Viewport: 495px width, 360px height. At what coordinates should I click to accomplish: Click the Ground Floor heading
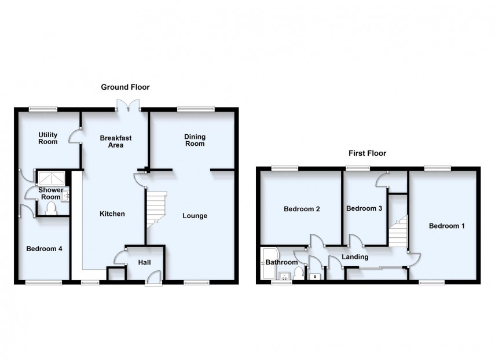pyautogui.click(x=125, y=87)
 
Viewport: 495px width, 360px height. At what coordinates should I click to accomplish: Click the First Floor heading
pyautogui.click(x=367, y=153)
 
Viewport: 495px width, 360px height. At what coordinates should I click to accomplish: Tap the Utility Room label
pyautogui.click(x=48, y=138)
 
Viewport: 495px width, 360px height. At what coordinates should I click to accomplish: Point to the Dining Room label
pyautogui.click(x=195, y=140)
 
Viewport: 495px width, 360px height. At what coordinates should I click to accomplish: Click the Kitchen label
pyautogui.click(x=112, y=214)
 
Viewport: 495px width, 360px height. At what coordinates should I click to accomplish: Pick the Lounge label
pyautogui.click(x=195, y=216)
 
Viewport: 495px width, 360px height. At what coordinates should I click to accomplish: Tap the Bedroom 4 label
pyautogui.click(x=44, y=249)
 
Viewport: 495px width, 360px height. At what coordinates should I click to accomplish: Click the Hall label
pyautogui.click(x=144, y=263)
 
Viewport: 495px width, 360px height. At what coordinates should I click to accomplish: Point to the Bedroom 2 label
pyautogui.click(x=302, y=210)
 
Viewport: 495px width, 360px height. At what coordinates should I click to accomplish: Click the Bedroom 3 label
pyautogui.click(x=364, y=208)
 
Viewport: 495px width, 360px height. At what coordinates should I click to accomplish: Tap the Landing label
pyautogui.click(x=355, y=257)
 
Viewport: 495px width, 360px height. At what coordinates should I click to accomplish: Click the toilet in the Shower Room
pyautogui.click(x=50, y=208)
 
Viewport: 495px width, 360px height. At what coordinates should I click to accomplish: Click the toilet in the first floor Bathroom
pyautogui.click(x=298, y=273)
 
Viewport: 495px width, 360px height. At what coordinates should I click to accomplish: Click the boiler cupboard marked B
pyautogui.click(x=315, y=277)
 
